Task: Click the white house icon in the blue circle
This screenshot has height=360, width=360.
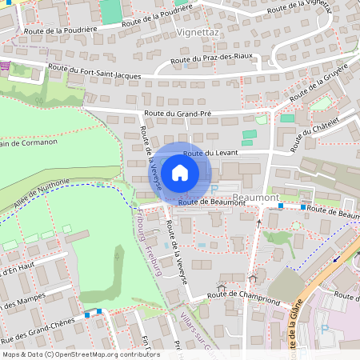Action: click(x=180, y=172)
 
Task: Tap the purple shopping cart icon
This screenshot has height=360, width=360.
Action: click(x=6, y=66)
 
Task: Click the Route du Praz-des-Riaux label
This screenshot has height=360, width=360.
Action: click(x=206, y=60)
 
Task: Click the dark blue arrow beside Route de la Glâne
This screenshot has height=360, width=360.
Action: click(x=336, y=258)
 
